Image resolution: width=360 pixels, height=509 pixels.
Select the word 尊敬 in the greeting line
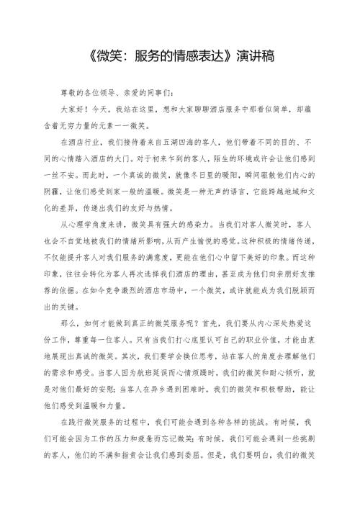tap(69, 94)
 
